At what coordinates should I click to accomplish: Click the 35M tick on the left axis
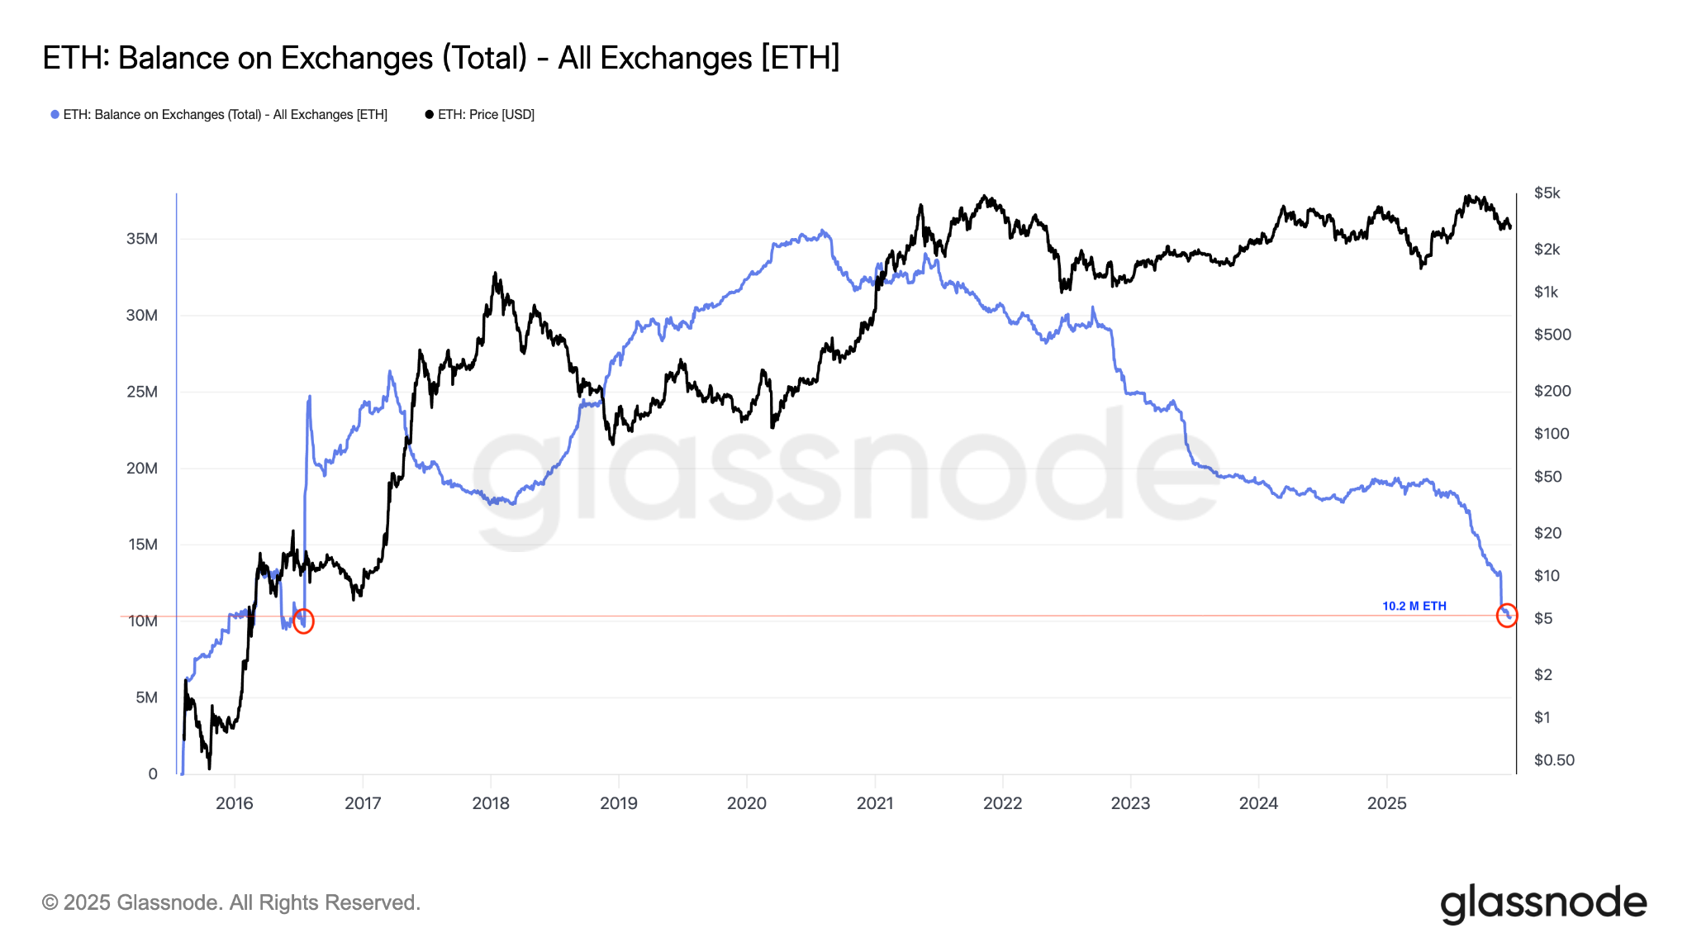point(141,239)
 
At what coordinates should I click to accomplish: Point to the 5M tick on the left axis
point(145,697)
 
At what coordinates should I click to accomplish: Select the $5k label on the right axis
point(1547,193)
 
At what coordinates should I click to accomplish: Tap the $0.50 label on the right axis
point(1553,760)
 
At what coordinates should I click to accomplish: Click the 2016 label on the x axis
point(235,803)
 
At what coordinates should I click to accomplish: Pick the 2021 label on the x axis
point(874,803)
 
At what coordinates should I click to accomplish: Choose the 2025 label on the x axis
point(1386,803)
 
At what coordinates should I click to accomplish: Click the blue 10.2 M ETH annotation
point(1414,606)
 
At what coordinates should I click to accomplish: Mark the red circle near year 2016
point(303,621)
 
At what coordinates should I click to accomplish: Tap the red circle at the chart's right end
point(1507,615)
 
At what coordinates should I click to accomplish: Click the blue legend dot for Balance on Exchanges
point(55,115)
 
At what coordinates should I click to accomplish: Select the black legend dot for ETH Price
point(429,115)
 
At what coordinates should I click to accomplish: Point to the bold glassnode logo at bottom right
point(1543,903)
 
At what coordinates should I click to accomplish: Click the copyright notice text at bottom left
point(231,902)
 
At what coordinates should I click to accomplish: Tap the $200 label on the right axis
point(1552,391)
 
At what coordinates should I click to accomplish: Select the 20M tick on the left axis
point(141,469)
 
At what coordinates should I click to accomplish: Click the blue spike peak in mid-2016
point(310,397)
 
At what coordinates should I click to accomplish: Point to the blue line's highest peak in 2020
point(822,231)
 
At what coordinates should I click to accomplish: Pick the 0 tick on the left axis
point(153,774)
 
